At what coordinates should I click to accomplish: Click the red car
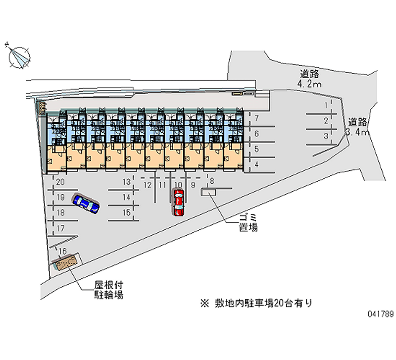click(179, 203)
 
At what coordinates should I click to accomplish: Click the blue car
click(86, 204)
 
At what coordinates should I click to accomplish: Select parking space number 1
click(326, 105)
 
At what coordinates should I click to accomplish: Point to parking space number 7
click(256, 118)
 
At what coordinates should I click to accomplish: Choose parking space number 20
click(60, 182)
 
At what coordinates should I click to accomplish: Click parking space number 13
click(127, 182)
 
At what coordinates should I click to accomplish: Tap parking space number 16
click(63, 251)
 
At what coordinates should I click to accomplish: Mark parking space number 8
click(212, 181)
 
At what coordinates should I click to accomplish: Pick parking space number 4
click(256, 164)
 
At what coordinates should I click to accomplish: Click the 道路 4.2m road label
click(310, 79)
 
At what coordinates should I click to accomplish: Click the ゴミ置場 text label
click(248, 222)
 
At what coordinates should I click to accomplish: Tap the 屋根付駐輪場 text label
click(109, 290)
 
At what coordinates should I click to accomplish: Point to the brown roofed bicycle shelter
click(66, 262)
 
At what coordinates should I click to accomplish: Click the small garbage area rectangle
click(208, 193)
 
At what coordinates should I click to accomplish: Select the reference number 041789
click(381, 314)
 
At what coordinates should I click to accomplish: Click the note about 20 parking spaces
click(256, 303)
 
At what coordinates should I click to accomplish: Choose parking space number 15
click(127, 213)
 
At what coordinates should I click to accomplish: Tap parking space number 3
click(326, 136)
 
